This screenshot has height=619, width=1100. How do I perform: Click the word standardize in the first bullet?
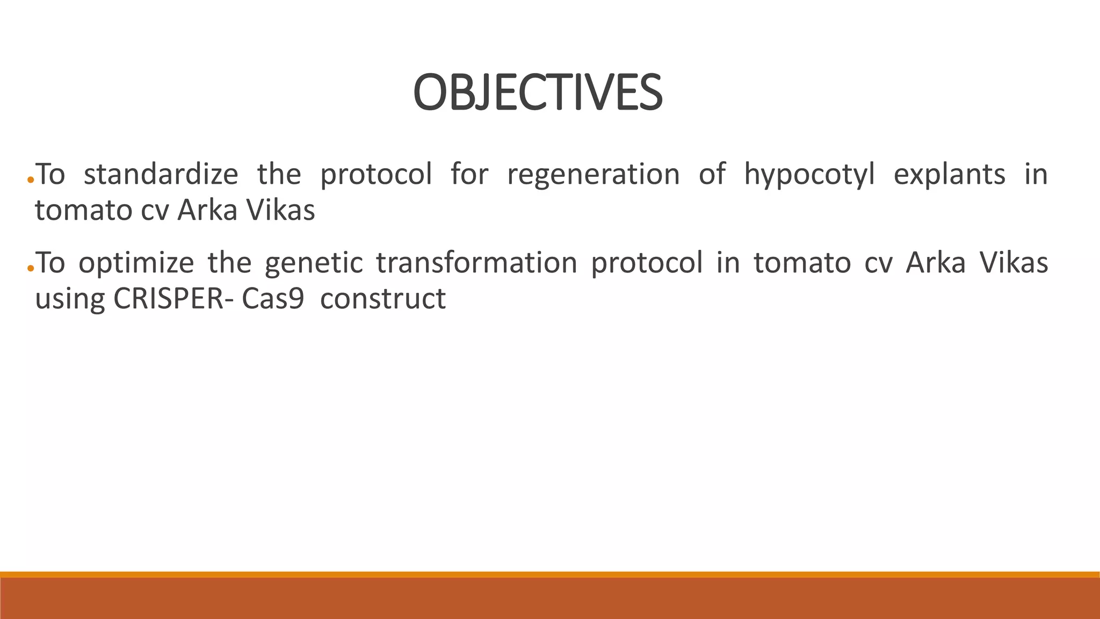pos(161,175)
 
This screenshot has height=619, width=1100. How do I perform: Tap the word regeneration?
pos(593,175)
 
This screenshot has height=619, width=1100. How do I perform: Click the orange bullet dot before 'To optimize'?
pos(31,269)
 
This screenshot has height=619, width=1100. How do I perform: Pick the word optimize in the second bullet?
pos(136,264)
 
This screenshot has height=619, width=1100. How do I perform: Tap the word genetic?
pos(313,264)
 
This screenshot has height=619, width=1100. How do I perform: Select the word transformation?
pos(476,263)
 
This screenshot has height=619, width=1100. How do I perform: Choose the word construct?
pos(382,299)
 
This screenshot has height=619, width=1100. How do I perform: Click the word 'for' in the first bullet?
pos(469,175)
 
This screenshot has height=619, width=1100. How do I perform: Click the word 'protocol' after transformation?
pos(646,264)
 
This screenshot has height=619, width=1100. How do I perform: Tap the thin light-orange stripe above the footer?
pos(550,574)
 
